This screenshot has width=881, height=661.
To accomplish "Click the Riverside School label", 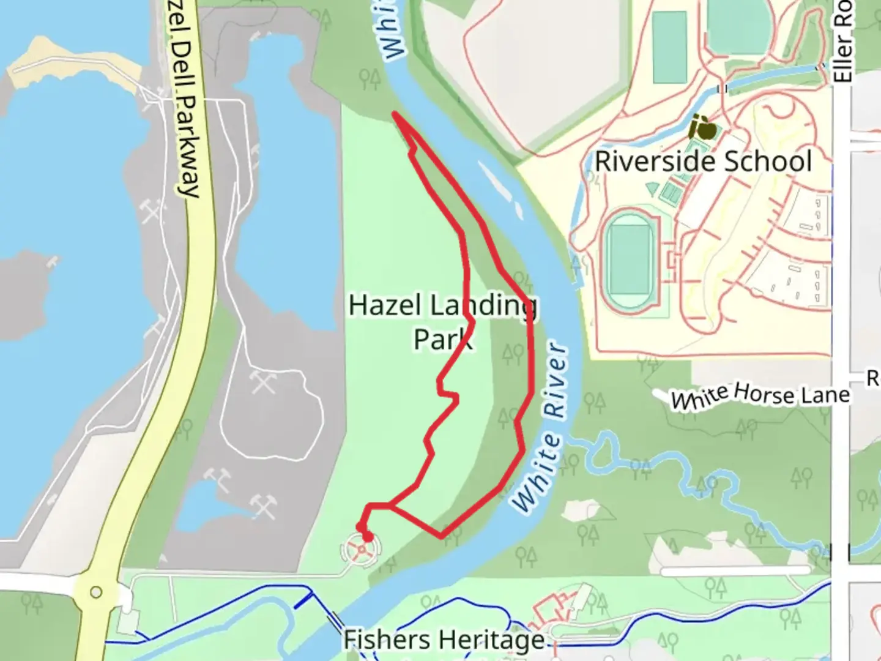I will pos(704,162).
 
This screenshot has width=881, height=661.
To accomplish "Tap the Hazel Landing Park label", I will pos(443,322).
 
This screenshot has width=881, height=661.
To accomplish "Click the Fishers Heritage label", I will pos(444,640).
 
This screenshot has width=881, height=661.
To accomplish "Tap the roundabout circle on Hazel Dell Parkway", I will pos(96,592).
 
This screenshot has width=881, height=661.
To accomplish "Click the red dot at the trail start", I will pos(367,537).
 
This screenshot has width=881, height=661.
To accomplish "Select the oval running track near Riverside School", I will pos(629,260).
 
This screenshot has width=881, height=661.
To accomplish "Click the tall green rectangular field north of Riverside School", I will pos(669,47).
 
